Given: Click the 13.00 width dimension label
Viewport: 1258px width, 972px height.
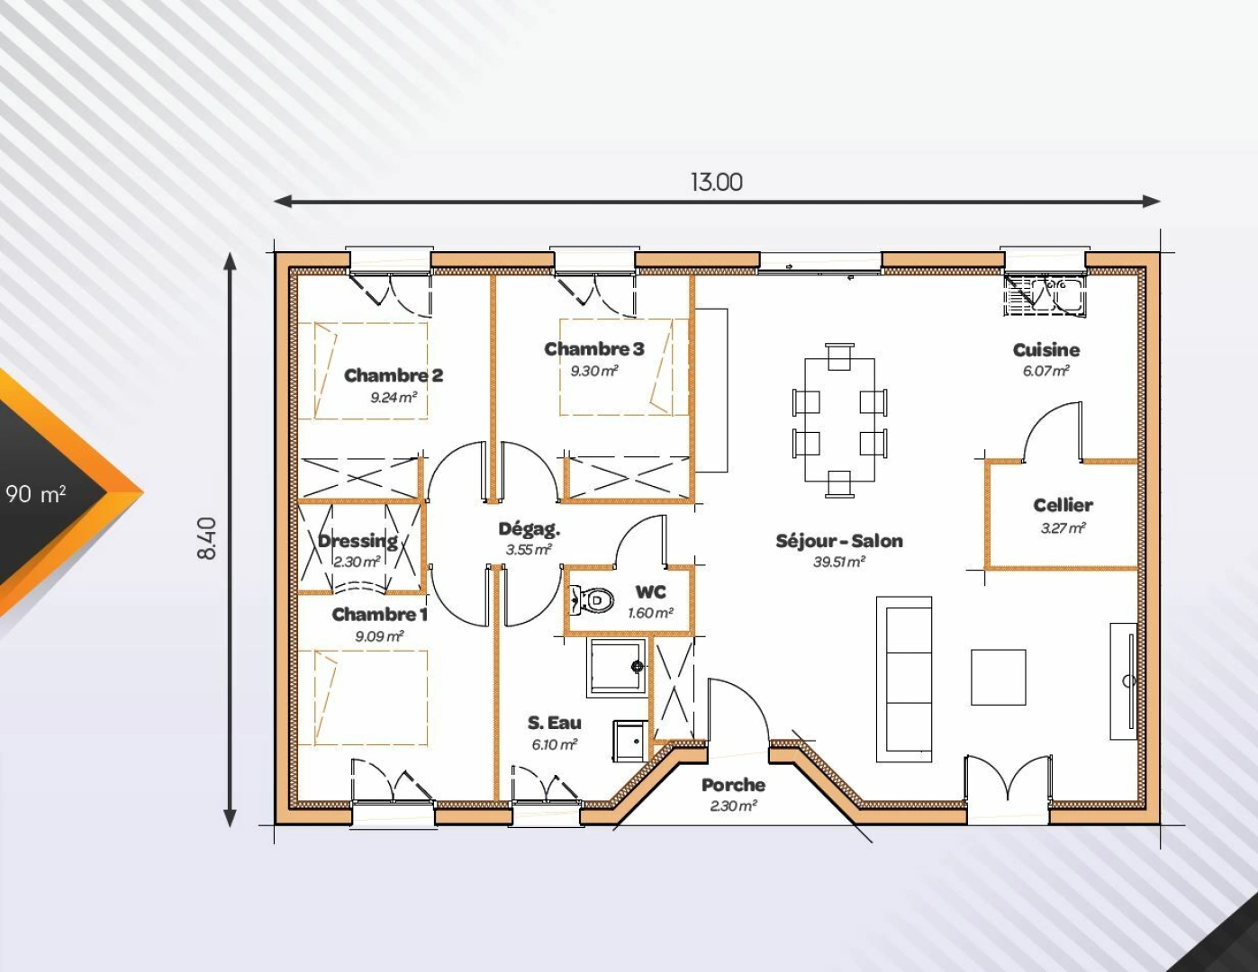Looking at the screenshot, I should (x=717, y=182).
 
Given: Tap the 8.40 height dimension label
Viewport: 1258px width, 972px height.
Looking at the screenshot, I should (x=206, y=537).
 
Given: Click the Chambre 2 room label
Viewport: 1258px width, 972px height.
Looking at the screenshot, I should (x=394, y=375).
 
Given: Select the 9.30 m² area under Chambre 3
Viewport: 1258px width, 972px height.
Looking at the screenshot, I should (x=593, y=371).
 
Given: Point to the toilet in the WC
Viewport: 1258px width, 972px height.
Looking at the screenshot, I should (x=592, y=598).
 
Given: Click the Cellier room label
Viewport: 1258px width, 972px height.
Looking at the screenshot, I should (x=1063, y=505).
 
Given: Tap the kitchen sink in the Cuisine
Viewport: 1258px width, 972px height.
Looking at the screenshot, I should (x=1045, y=295).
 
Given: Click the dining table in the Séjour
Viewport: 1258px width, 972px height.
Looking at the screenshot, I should (x=839, y=420).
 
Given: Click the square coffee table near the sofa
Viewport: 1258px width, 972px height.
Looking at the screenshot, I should (x=998, y=677).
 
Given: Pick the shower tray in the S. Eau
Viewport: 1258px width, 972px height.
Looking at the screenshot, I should (x=617, y=667).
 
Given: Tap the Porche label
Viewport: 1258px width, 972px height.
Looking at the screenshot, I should (x=733, y=785).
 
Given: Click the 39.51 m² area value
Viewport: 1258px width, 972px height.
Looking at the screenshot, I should (x=838, y=562).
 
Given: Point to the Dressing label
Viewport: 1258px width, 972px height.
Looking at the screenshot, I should (x=357, y=541).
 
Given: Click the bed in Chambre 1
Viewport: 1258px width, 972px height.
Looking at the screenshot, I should (x=370, y=698).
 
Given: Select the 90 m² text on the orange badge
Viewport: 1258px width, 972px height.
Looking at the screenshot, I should (x=36, y=493).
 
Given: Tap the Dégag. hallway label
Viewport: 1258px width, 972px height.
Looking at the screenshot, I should (x=529, y=529).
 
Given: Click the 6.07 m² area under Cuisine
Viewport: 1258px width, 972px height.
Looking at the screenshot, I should (x=1045, y=371).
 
